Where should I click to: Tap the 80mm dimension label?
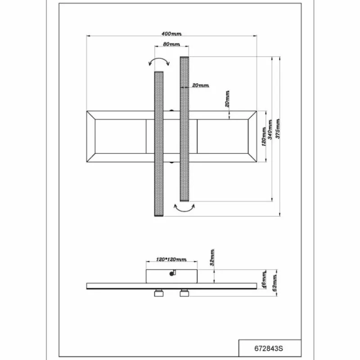[171, 44]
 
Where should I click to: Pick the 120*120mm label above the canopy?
[171, 260]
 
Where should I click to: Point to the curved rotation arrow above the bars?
[159, 62]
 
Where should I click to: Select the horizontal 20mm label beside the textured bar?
[200, 85]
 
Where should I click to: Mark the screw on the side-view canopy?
[171, 272]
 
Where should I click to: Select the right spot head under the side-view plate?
[184, 294]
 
